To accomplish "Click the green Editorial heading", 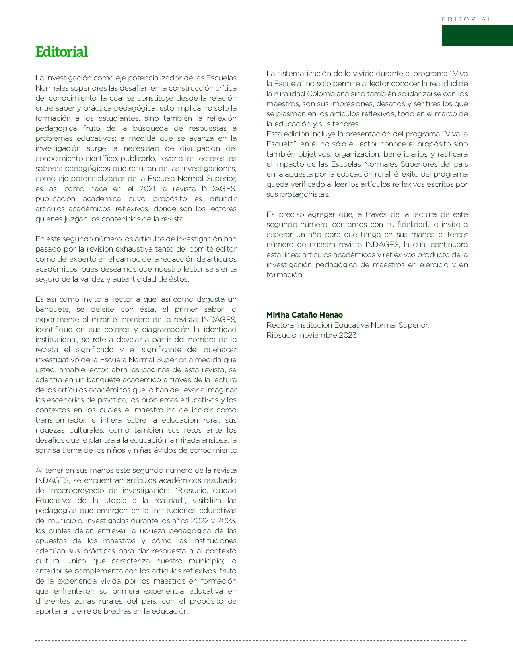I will pos(62,52).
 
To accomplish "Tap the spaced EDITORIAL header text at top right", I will pos(466,19).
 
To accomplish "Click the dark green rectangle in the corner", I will pos(477,35).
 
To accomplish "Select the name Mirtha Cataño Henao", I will pos(305,315).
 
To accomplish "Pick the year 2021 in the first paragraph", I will pos(147,189).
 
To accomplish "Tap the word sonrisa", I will pos(48,450).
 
